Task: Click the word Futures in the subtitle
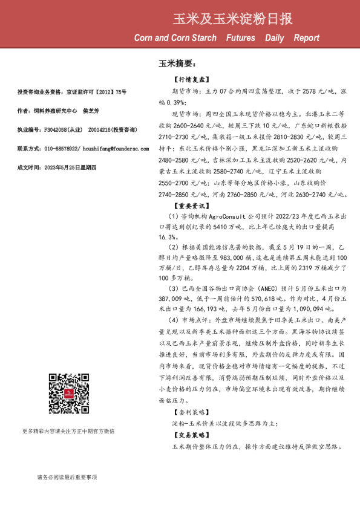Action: click(x=240, y=37)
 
